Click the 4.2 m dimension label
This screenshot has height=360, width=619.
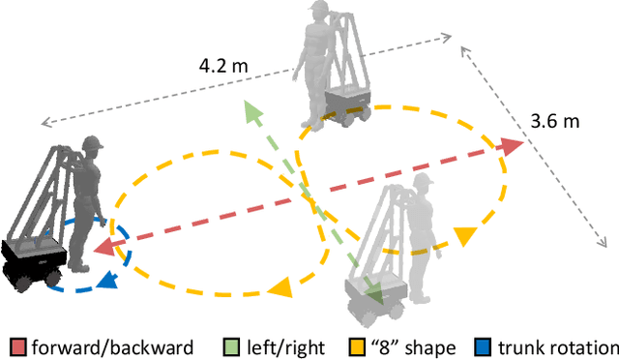click(222, 69)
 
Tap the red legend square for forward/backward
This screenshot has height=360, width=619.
click(18, 347)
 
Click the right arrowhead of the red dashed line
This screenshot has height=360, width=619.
click(512, 147)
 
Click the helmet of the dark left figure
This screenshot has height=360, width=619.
click(92, 146)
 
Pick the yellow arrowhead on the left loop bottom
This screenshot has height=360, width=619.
click(281, 287)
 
